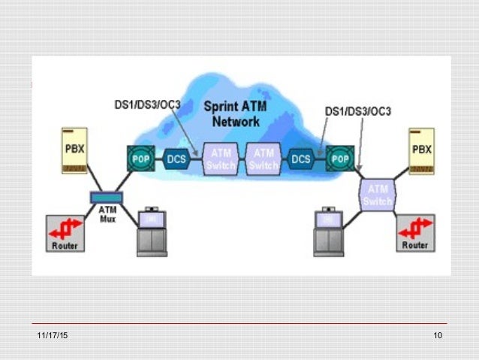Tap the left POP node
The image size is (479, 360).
coord(140,159)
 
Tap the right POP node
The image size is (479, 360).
coord(339,159)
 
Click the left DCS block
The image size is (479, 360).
coord(176,159)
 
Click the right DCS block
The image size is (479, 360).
coord(301,159)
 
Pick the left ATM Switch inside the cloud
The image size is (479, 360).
coord(219,159)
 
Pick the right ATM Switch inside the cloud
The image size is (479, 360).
coord(262,159)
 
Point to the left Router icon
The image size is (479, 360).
coord(65,234)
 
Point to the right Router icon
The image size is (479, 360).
coord(415,234)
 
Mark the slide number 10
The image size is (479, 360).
coord(438,335)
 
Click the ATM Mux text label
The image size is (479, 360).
coord(107,214)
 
